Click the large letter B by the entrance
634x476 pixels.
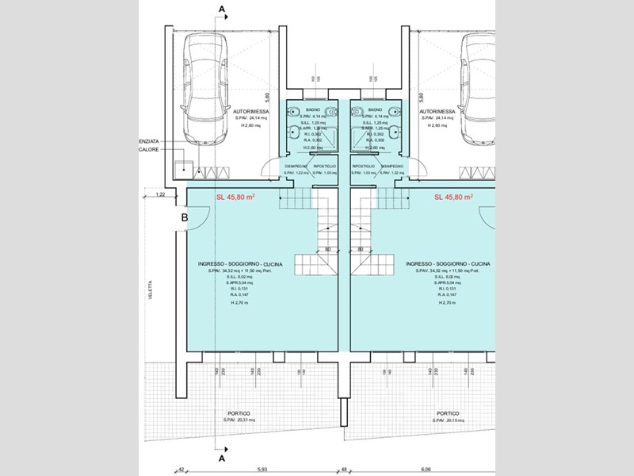click(x=184, y=216)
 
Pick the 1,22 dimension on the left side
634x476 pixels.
click(x=160, y=194)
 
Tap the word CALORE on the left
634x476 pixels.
click(x=148, y=148)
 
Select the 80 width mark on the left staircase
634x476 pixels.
click(x=327, y=249)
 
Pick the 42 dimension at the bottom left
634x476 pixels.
click(x=181, y=468)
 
